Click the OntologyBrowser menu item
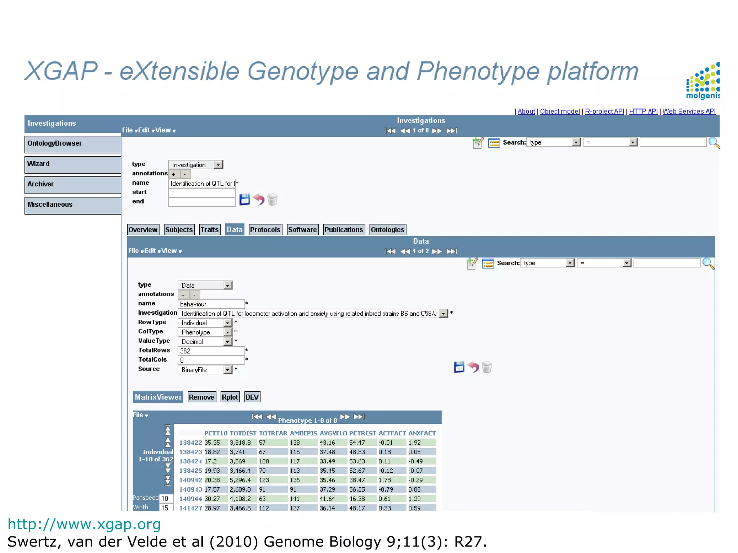tap(72, 144)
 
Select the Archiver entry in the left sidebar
tap(72, 184)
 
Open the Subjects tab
tap(179, 230)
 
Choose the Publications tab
tap(343, 230)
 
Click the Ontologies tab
tap(387, 230)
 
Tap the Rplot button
tap(230, 397)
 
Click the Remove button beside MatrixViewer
tap(201, 397)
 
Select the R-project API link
tap(604, 112)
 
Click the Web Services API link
tap(689, 112)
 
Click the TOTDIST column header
tap(243, 433)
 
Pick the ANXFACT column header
tap(422, 433)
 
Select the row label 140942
tap(191, 480)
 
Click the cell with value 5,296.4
tap(240, 480)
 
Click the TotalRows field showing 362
tap(211, 351)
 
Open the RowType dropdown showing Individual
tap(205, 323)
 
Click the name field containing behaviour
tap(211, 304)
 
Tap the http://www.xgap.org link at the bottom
tap(84, 524)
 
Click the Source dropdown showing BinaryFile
tap(205, 370)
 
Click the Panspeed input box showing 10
tap(165, 499)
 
